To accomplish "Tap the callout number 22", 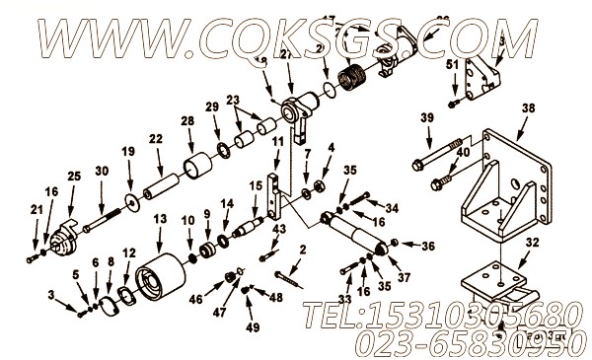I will (156, 139).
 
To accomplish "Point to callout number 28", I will (186, 121).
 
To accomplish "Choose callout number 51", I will (452, 64).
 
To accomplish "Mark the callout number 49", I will (253, 326).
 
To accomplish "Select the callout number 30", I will (102, 171).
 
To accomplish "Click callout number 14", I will (228, 204).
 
